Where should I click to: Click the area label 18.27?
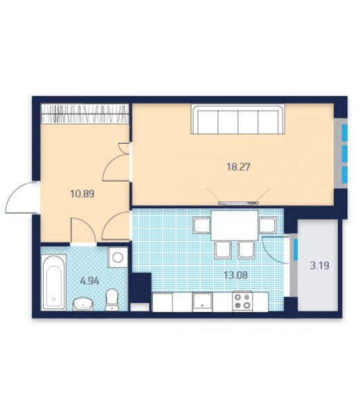[238, 167]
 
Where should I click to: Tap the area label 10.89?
[82, 194]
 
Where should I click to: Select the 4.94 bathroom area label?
[90, 281]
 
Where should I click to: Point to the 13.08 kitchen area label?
[235, 275]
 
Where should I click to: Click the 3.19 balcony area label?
[319, 266]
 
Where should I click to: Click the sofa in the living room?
[238, 119]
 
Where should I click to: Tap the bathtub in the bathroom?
[54, 282]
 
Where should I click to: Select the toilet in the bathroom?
[111, 299]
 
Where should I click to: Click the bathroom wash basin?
[83, 304]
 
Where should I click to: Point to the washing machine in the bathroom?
[118, 257]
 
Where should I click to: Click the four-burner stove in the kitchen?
[242, 301]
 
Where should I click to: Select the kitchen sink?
[202, 301]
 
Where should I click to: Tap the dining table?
[235, 225]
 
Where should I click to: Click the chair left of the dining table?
[201, 225]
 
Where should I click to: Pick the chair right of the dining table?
[267, 225]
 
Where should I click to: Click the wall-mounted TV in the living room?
[238, 203]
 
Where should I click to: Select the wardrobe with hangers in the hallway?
[84, 113]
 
